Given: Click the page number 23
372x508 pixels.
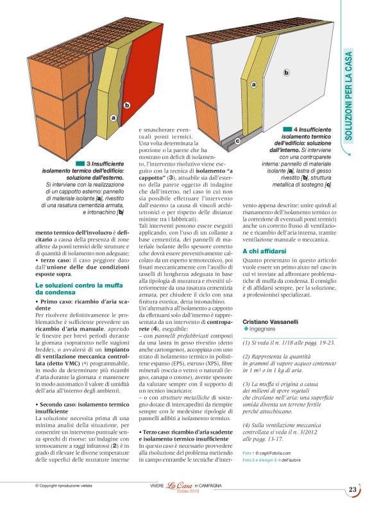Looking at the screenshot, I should click(x=353, y=490).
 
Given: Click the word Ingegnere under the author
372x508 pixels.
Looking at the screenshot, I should click(x=264, y=328).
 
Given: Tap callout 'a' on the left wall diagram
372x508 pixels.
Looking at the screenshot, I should click(x=113, y=117).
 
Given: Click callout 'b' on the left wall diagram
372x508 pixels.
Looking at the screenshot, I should click(x=127, y=105).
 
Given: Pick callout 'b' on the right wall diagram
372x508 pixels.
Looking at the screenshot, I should click(x=286, y=72).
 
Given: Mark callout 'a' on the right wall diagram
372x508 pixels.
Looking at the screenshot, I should click(x=254, y=84).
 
